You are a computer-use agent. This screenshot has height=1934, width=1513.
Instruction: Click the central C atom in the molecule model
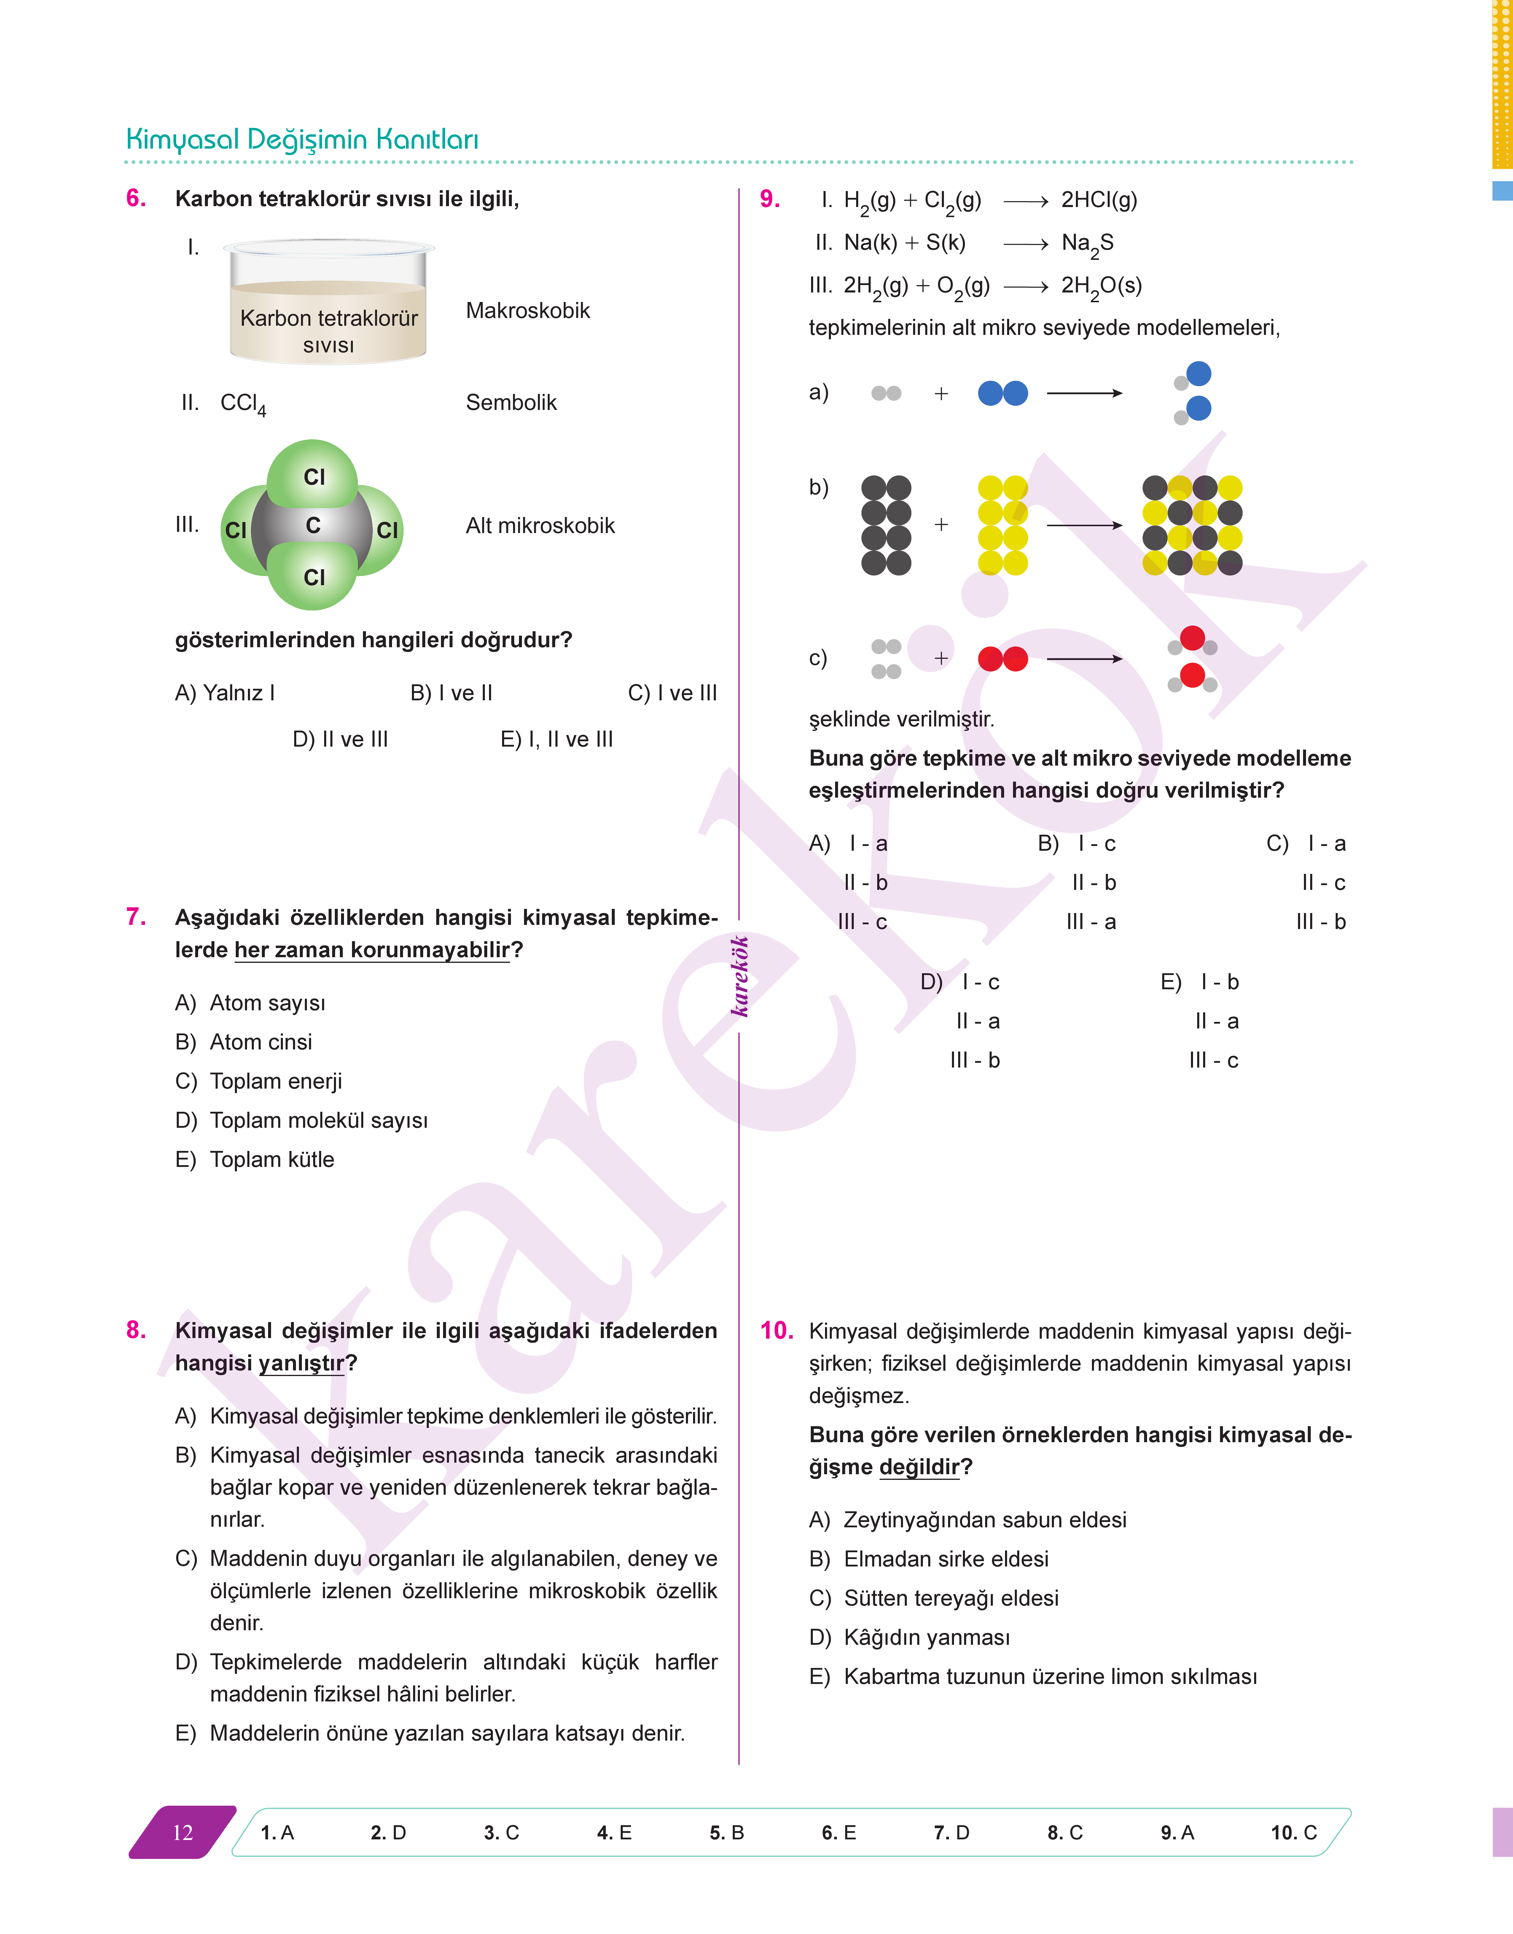tap(313, 525)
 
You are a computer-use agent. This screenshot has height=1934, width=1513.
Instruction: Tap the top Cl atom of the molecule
tap(313, 477)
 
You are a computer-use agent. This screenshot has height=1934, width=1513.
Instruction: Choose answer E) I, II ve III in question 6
tap(556, 740)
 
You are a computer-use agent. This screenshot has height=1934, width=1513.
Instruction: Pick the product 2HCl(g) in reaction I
tap(1098, 200)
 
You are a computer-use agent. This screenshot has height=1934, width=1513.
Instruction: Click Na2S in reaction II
tap(1087, 244)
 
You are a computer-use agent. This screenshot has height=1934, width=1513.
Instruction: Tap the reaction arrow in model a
tap(1084, 393)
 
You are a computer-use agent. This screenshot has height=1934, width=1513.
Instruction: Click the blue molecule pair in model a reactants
tap(1003, 393)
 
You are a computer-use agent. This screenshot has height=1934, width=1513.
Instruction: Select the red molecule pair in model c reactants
tap(1003, 659)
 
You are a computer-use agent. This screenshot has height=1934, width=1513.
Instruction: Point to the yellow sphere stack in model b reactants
tap(1003, 525)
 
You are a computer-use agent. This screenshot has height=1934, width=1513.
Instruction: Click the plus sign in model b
tap(941, 525)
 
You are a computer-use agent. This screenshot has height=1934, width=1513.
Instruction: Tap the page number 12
tap(182, 1833)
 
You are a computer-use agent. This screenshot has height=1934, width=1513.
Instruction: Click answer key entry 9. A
tap(1177, 1833)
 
